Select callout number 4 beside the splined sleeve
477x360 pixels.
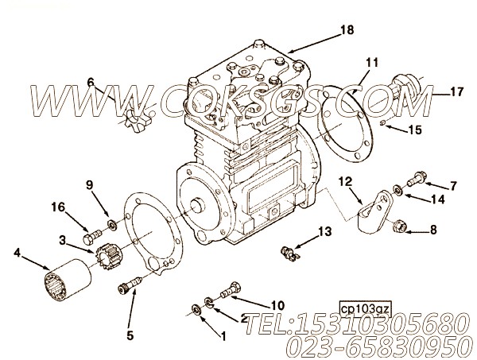point(17,255)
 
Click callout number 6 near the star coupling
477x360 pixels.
point(91,82)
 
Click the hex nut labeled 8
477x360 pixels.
point(401,230)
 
